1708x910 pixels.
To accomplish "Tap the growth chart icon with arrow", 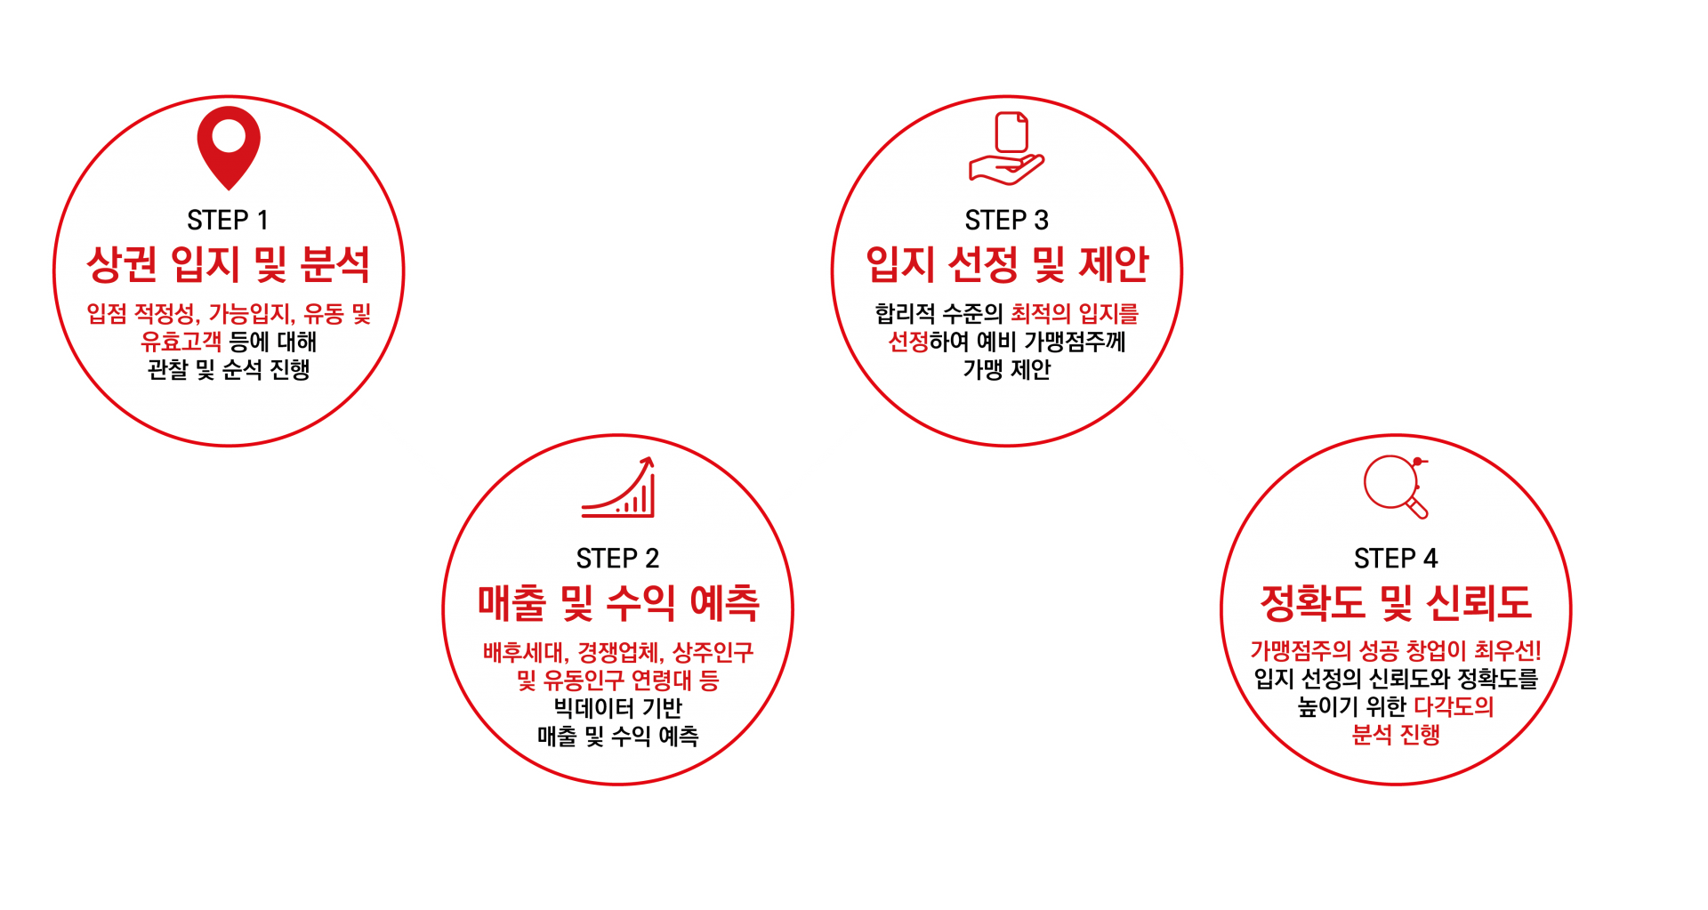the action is (618, 487).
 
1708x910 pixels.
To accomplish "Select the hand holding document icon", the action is (1006, 149).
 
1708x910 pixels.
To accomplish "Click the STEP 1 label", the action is (228, 220).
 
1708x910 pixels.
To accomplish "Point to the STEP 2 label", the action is (617, 558).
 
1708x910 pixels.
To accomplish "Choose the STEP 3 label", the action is (1006, 220).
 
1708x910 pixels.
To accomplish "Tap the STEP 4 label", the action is (1396, 558).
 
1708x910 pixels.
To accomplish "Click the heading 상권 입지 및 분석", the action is (228, 264).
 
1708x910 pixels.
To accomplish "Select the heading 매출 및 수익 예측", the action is (618, 602).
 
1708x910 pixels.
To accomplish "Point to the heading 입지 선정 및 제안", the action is (1007, 264).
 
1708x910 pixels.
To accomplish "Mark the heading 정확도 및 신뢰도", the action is (1396, 602).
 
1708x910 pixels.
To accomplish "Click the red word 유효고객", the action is (181, 341).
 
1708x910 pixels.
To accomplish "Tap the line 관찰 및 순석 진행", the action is (229, 369).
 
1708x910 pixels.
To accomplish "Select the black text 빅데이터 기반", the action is (617, 708).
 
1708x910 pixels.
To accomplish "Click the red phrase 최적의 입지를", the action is (1075, 313).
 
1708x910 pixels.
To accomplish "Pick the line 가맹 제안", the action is (1007, 369).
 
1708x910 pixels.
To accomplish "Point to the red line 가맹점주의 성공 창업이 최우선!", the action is (1396, 651).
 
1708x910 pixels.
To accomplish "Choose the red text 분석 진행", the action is (1396, 735).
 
